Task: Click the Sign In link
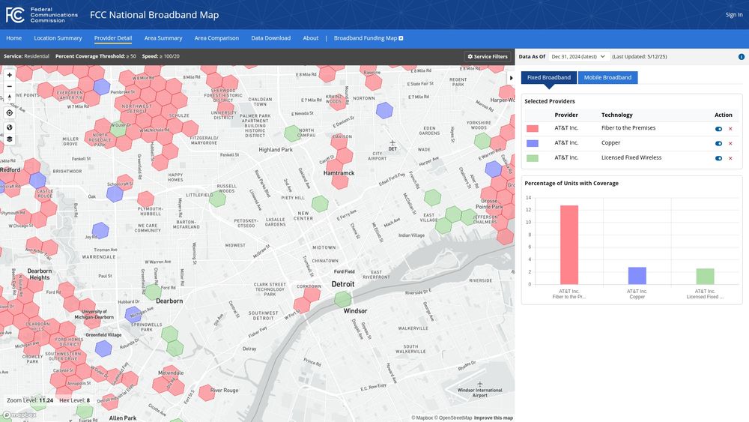[x=733, y=14]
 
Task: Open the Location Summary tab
[x=58, y=38]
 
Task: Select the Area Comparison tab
[x=216, y=38]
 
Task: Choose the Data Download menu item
[x=270, y=38]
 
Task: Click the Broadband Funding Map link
[x=369, y=38]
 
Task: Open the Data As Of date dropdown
[x=578, y=56]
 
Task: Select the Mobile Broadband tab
[x=607, y=77]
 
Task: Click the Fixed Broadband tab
[x=549, y=77]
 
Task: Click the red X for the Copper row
[x=730, y=143]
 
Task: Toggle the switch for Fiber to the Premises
[x=719, y=129]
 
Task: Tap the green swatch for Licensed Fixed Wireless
[x=533, y=158]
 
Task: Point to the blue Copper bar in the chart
[x=637, y=275]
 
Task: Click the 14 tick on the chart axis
[x=528, y=198]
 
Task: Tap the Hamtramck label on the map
[x=338, y=173]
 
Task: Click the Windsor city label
[x=355, y=310]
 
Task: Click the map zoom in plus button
[x=9, y=75]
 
